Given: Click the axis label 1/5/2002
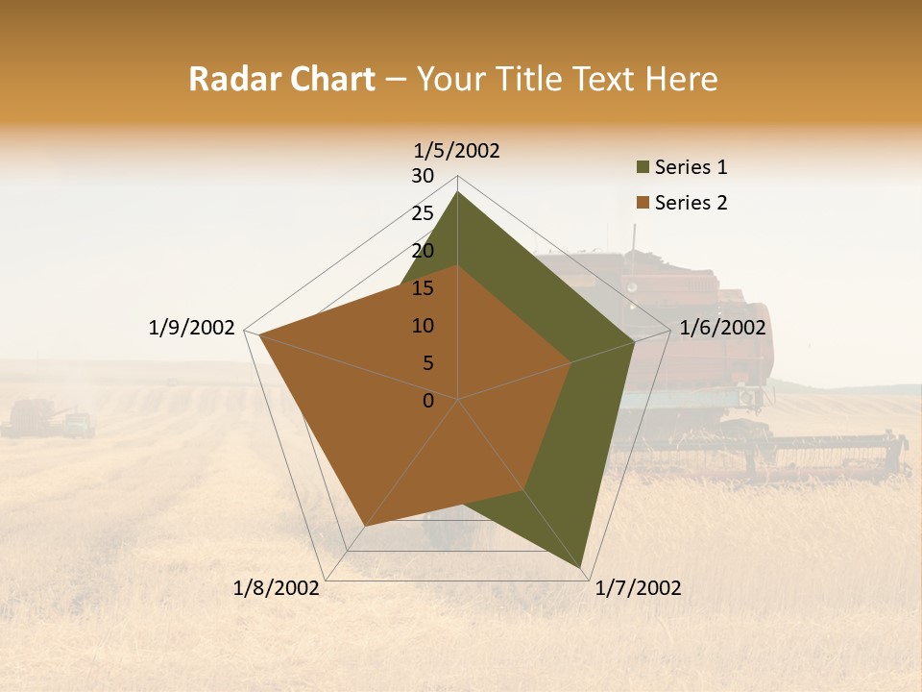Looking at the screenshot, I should pos(456,151).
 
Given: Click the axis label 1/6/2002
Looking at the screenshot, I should pos(722,328).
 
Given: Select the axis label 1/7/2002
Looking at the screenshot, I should pos(638,588).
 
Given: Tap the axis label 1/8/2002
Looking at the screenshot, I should pos(276,588).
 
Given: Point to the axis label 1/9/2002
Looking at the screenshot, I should pos(191,328).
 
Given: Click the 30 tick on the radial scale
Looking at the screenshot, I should pos(423,176).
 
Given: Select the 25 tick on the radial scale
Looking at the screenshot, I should pos(423,213).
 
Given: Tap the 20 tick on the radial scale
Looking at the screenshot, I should pos(423,251).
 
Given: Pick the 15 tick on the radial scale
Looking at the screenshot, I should pos(423,288).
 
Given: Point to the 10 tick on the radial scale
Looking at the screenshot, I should pos(423,326).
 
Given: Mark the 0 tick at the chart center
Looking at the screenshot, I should pos(428,401).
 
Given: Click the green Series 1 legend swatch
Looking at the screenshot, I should pos(643,168).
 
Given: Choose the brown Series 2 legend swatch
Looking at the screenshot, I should pos(643,203).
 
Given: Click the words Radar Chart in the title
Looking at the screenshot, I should pos(281,80).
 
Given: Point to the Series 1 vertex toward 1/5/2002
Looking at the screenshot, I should pos(457,192).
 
